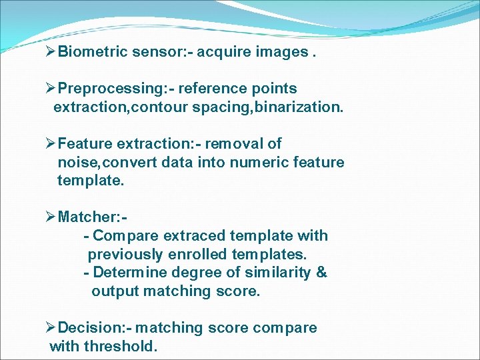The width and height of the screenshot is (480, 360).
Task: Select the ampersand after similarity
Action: point(321,273)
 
